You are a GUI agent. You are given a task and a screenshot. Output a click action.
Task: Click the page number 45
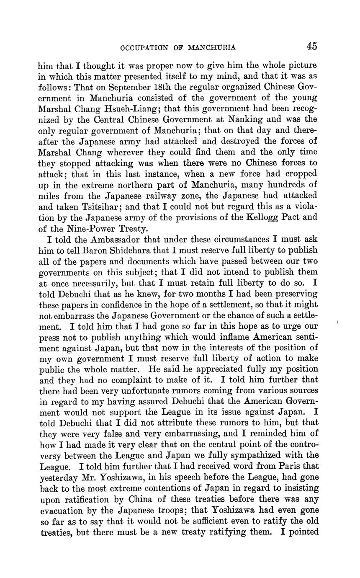click(x=311, y=46)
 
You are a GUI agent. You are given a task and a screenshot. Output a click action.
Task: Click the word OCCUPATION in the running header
click(x=144, y=48)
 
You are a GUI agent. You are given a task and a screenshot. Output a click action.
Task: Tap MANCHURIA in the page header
click(x=212, y=48)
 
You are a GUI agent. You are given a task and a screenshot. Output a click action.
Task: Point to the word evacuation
click(x=64, y=510)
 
